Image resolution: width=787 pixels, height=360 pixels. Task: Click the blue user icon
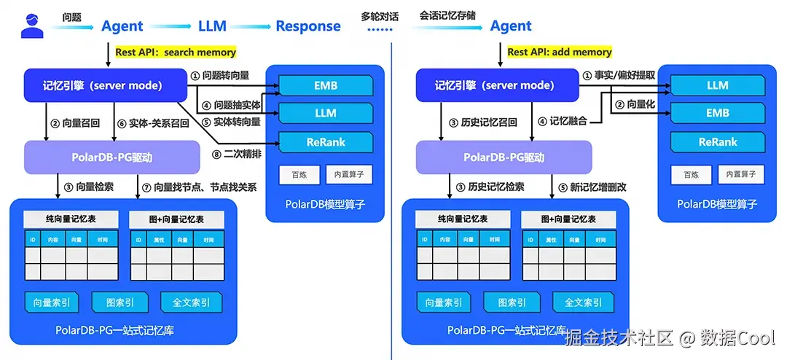click(x=32, y=26)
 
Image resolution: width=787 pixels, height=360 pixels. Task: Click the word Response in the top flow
click(x=308, y=26)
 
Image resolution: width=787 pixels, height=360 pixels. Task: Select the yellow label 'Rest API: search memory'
click(x=176, y=52)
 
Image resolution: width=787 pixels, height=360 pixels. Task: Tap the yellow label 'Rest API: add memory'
click(x=560, y=52)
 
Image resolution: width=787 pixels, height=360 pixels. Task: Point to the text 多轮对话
click(x=380, y=15)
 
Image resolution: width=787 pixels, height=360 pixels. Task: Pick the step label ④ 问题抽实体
click(x=232, y=105)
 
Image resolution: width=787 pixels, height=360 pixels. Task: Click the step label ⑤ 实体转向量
click(x=232, y=122)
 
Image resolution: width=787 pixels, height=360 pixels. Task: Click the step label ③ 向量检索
click(x=88, y=187)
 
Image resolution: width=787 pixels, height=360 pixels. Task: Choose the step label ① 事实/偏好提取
click(x=619, y=75)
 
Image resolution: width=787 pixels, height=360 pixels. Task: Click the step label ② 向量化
click(x=635, y=105)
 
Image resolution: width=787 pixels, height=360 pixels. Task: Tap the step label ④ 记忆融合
click(x=563, y=121)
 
